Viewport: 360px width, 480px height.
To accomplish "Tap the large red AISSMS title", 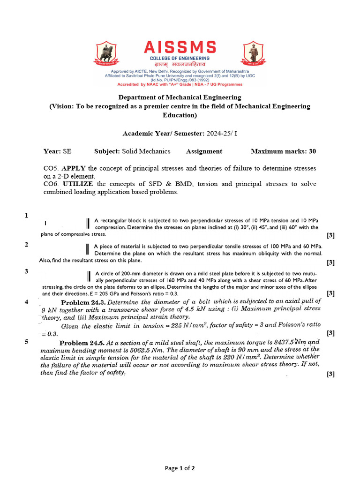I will (x=180, y=47).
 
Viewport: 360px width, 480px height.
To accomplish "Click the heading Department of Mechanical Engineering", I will (x=180, y=97).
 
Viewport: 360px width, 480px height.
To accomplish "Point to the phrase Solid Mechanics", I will (x=146, y=151).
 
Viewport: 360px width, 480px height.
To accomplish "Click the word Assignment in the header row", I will (x=204, y=151).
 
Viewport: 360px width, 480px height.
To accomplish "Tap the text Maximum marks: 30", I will (x=283, y=151).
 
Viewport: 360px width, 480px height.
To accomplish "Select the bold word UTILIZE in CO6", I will (x=78, y=184).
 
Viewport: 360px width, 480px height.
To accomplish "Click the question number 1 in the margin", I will (x=27, y=216).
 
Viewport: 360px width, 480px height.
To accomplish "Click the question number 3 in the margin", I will (x=27, y=271).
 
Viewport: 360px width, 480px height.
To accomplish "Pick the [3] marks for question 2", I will (x=330, y=262).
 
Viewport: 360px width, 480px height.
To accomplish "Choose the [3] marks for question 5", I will (x=330, y=374).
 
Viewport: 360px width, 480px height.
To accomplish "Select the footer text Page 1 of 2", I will (x=180, y=468).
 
